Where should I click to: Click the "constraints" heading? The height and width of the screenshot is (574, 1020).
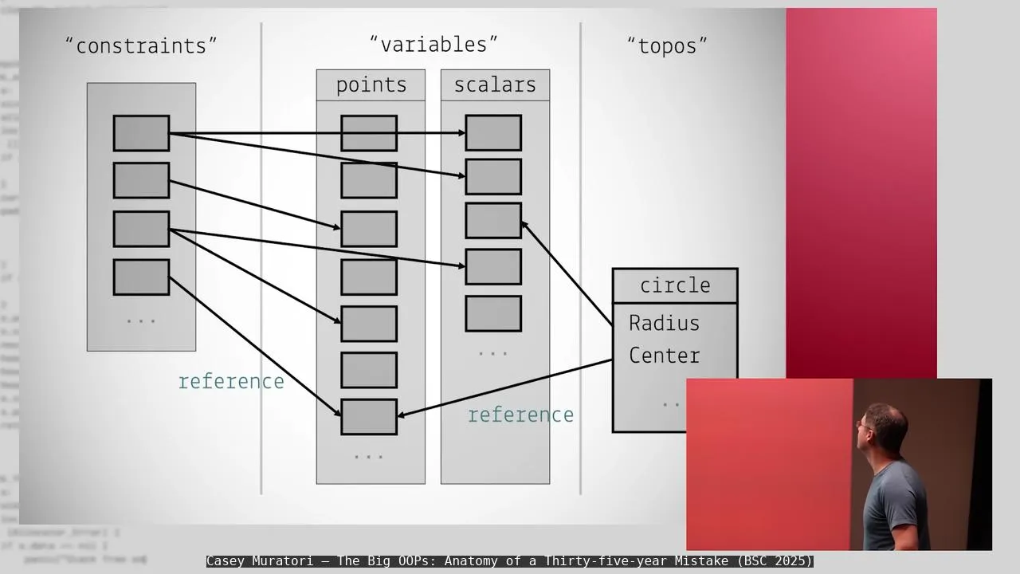click(141, 46)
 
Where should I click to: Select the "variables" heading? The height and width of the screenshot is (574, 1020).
click(433, 45)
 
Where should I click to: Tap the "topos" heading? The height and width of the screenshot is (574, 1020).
click(667, 46)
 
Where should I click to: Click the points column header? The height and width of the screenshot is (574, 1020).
click(371, 85)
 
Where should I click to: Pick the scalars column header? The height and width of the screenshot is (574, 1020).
click(495, 85)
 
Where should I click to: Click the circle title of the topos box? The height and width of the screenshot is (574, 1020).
click(675, 285)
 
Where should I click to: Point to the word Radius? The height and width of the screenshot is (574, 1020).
click(664, 323)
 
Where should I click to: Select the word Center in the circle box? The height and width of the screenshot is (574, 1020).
click(664, 356)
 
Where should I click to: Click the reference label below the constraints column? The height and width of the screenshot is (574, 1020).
click(231, 382)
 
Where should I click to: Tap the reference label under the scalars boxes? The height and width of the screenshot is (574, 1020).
click(520, 415)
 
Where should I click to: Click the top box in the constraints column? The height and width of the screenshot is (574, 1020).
click(141, 133)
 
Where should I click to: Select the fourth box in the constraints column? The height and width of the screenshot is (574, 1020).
click(141, 277)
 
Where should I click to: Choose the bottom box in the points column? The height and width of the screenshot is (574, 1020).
click(369, 417)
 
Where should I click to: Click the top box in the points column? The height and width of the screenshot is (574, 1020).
click(369, 133)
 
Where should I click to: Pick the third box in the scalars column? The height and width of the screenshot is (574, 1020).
click(493, 221)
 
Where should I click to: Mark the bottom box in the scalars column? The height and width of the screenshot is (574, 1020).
click(493, 313)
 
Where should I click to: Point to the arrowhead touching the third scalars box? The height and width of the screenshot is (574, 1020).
click(525, 226)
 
